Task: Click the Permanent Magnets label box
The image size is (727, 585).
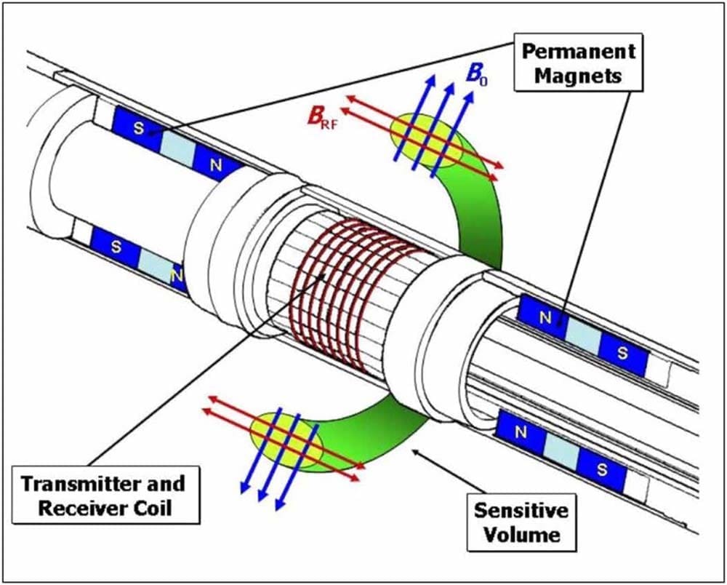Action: (578, 63)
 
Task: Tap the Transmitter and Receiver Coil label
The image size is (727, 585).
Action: (102, 496)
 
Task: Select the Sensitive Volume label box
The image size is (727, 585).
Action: (521, 522)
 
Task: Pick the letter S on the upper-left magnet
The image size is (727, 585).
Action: (138, 127)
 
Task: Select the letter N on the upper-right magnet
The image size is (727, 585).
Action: (545, 317)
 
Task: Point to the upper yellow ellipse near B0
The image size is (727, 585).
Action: (427, 143)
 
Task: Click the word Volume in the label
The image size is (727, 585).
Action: (521, 535)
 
